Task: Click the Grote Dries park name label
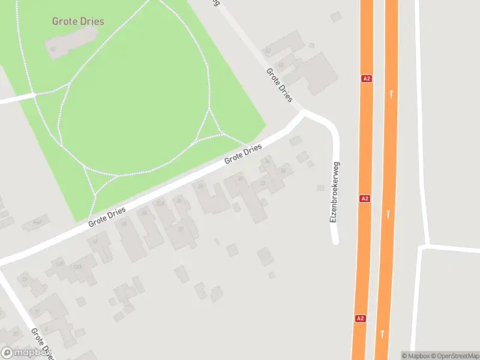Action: pyautogui.click(x=78, y=22)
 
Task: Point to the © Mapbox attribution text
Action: pyautogui.click(x=415, y=356)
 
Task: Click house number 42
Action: pyautogui.click(x=268, y=52)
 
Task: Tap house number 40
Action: pyautogui.click(x=280, y=65)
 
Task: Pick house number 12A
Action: pyautogui.click(x=59, y=263)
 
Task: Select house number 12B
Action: pyautogui.click(x=77, y=266)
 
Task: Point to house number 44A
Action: pyautogui.click(x=37, y=223)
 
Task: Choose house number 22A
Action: pyautogui.click(x=160, y=204)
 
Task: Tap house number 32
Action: pyautogui.click(x=262, y=184)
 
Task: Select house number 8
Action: pyautogui.click(x=46, y=329)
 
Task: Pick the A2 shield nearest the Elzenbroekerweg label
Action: pyautogui.click(x=364, y=198)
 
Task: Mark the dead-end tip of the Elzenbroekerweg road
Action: pyautogui.click(x=335, y=241)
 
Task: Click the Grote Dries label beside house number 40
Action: pyautogui.click(x=279, y=85)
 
